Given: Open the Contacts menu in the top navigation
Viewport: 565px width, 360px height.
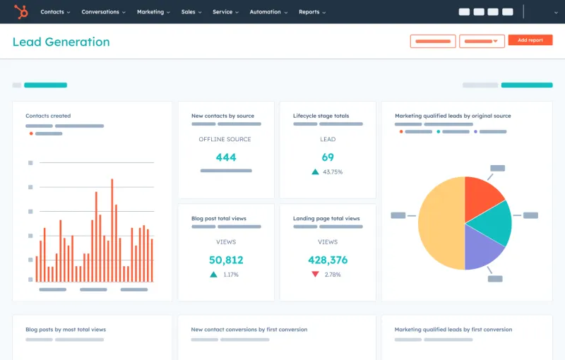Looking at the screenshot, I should point(55,12).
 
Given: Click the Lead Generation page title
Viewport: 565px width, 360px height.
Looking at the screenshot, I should point(61,42).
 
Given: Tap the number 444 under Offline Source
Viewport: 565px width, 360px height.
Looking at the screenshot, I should point(226,157).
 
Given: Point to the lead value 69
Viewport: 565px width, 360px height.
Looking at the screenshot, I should point(328,157).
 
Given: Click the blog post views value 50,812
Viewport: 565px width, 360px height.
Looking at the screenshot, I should point(226,260).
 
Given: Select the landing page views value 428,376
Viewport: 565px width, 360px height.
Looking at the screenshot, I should point(328,260).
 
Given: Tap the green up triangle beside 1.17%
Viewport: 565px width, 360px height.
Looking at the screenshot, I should point(213,274).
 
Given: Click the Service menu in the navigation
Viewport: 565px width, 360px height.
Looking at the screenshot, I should point(225,12).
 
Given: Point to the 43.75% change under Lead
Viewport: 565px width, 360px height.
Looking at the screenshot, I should point(333,172).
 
